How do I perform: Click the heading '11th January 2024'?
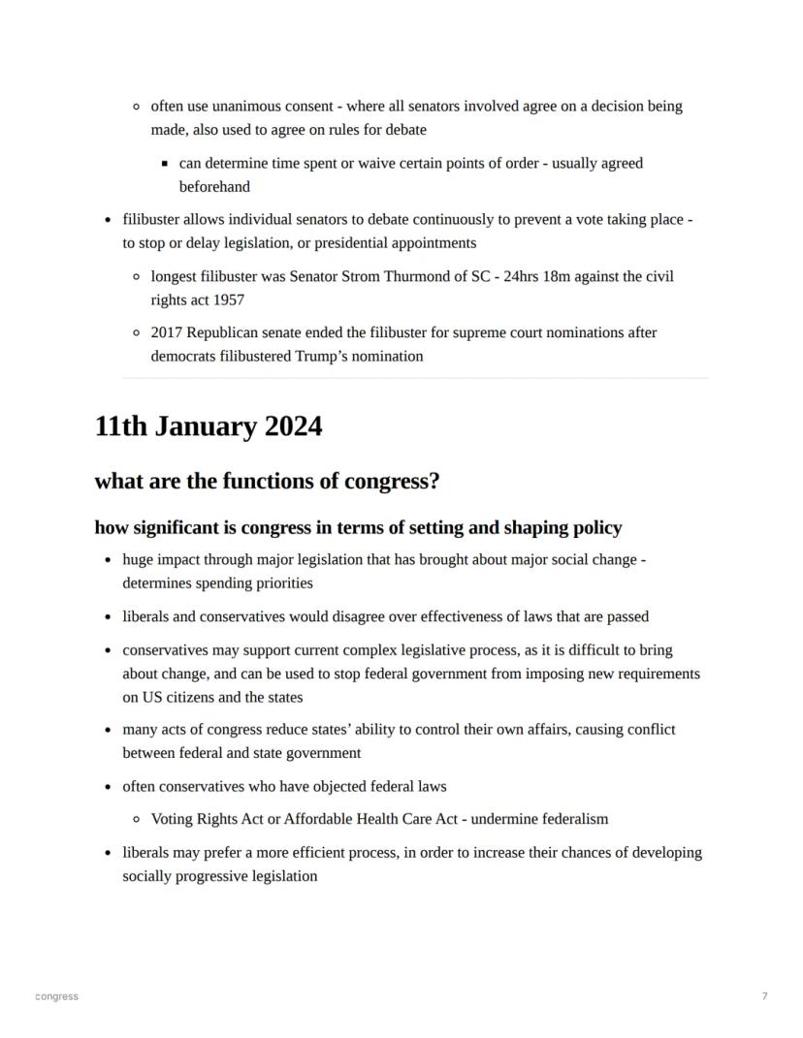(x=208, y=426)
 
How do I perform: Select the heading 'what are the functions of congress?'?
(x=267, y=482)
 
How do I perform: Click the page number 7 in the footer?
(x=764, y=996)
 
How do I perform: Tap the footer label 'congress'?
(x=56, y=996)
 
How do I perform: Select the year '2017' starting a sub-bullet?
(x=167, y=332)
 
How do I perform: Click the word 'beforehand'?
(x=214, y=187)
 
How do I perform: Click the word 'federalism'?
(x=571, y=819)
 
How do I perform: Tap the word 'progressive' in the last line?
(x=209, y=876)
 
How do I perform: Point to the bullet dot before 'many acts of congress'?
(x=107, y=730)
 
